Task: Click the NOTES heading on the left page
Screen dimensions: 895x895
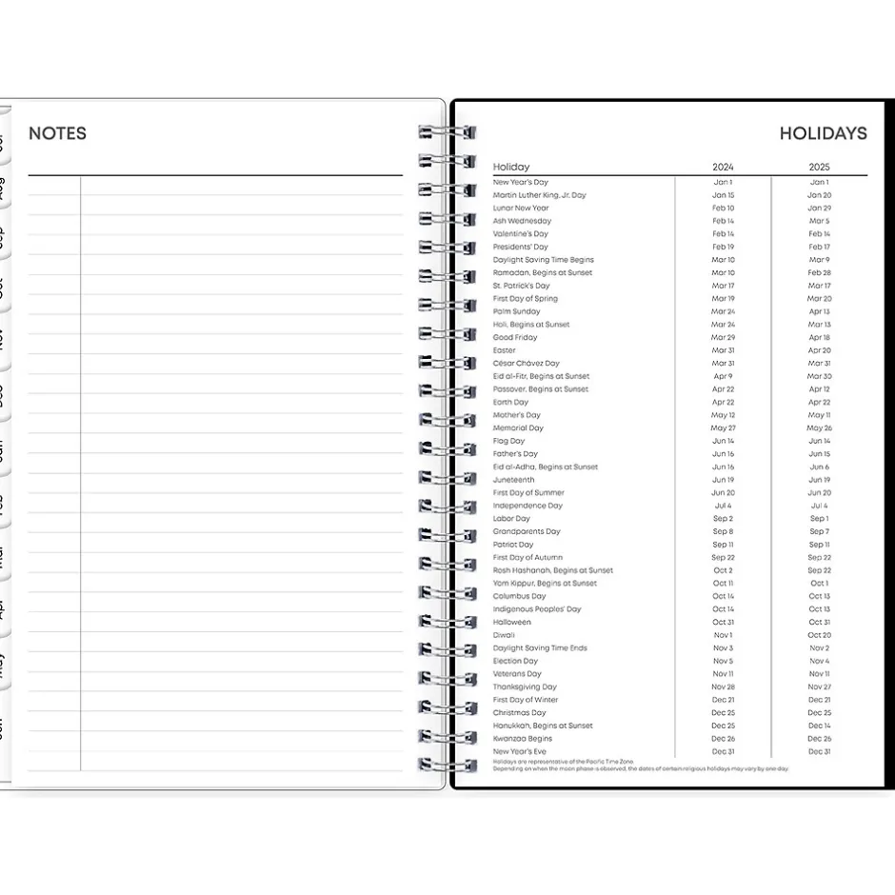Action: (57, 133)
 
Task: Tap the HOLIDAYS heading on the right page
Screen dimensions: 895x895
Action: (823, 133)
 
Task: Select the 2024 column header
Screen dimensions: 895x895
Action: (723, 167)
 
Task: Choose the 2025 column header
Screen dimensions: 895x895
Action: (819, 167)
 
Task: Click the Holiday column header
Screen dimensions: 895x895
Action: (511, 167)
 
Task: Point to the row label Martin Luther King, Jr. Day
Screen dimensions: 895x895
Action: (539, 195)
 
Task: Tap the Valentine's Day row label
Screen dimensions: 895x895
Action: (520, 233)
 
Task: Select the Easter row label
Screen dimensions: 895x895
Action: (505, 350)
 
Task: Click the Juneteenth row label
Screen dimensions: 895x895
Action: (513, 480)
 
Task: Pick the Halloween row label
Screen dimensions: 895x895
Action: (512, 622)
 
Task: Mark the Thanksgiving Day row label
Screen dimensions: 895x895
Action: (525, 686)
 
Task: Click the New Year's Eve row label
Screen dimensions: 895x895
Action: (520, 751)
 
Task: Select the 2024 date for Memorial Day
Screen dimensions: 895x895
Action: (723, 428)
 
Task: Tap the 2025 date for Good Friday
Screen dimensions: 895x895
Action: (819, 337)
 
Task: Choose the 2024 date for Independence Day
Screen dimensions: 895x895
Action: (723, 506)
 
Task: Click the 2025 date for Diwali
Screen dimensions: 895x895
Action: (819, 635)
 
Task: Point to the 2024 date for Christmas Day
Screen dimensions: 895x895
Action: (723, 712)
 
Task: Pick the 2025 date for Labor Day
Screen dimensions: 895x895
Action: (819, 519)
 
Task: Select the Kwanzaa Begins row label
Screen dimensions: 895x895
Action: (522, 738)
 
